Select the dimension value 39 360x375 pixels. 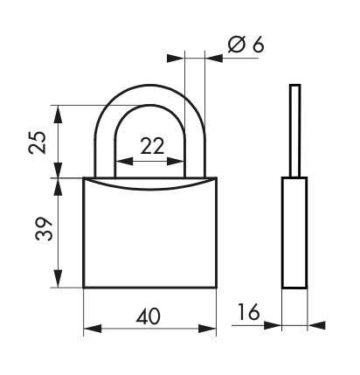36,230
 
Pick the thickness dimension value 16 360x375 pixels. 248,311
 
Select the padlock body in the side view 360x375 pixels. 294,232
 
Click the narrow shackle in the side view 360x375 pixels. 294,129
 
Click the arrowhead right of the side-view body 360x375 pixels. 315,325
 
